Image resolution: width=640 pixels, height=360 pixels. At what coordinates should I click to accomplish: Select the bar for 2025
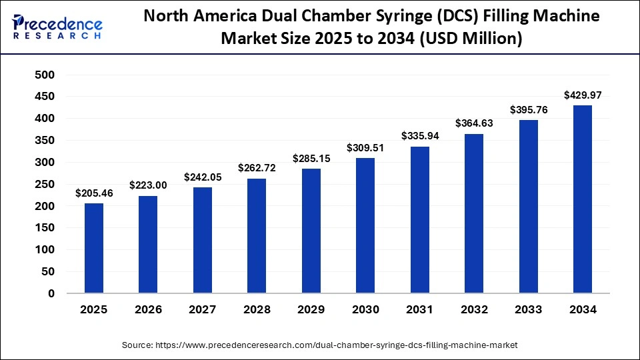[94, 248]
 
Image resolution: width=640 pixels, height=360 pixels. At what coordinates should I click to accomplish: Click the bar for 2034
[582, 199]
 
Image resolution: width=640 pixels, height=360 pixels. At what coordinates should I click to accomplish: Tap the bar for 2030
[365, 225]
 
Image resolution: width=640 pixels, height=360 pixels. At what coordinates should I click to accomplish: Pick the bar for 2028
[257, 235]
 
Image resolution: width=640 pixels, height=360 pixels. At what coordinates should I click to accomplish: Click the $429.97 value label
[582, 95]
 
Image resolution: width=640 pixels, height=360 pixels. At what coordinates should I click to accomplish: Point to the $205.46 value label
[94, 193]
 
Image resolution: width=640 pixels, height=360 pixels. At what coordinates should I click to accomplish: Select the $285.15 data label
[311, 159]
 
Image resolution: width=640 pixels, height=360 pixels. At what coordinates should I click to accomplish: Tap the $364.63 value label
[473, 123]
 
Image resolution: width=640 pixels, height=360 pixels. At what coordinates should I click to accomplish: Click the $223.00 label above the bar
[148, 185]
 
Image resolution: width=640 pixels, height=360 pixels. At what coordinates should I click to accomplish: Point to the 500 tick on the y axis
[45, 75]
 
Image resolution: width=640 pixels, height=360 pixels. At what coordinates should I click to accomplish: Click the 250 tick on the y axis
[45, 184]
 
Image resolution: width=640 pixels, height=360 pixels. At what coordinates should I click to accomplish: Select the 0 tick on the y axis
[51, 293]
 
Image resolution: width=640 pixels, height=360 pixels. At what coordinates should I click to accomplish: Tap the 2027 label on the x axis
[202, 310]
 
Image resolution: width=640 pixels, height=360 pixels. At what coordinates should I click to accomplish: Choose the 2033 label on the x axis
[528, 310]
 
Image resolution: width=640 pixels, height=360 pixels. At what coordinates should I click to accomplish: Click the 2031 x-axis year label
[419, 310]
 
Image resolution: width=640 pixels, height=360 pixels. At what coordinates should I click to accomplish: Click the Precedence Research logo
[57, 27]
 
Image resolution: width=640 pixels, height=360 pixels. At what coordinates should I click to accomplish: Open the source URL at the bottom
[337, 345]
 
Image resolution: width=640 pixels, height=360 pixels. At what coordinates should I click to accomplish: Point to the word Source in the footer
[137, 345]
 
